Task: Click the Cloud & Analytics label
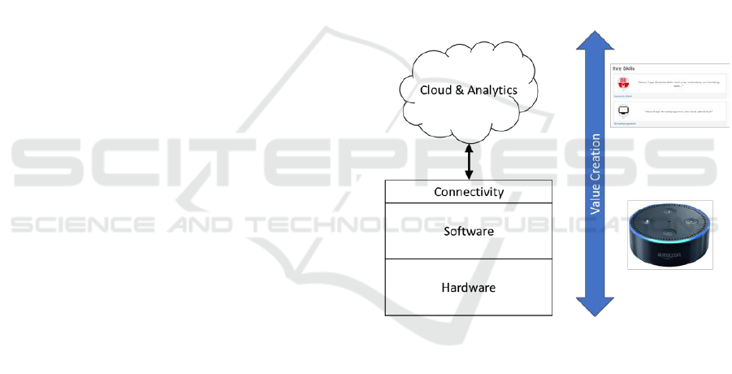(x=468, y=90)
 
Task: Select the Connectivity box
(x=468, y=193)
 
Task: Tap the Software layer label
(x=468, y=232)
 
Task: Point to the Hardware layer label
(x=468, y=288)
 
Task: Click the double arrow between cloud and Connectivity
(x=468, y=161)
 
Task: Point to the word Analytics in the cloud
(x=492, y=90)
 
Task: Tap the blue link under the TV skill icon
(x=624, y=123)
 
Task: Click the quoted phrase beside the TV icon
(x=680, y=111)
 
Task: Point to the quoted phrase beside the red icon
(x=680, y=84)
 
